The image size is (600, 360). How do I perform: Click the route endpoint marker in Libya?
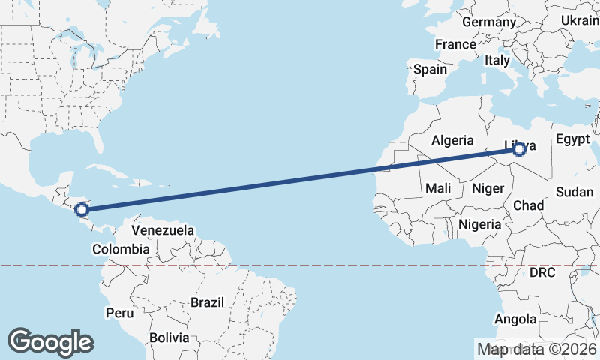point(518,149)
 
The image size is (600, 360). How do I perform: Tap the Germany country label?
point(489,22)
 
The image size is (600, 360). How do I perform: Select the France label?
point(455,44)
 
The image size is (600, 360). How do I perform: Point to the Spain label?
point(430,69)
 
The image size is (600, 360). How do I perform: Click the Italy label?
point(497,60)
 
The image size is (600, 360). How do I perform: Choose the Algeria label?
point(452,139)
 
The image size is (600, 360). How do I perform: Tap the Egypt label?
point(571,139)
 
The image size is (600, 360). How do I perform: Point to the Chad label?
point(528,205)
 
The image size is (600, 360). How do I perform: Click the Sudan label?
point(574,192)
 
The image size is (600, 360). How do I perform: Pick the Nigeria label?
point(479,223)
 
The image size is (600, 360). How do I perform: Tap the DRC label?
point(541,273)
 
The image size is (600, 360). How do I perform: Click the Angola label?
point(515,319)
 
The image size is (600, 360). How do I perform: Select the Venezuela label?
point(163,229)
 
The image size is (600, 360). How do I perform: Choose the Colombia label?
point(121,248)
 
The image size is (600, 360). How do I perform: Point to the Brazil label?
point(208,302)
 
